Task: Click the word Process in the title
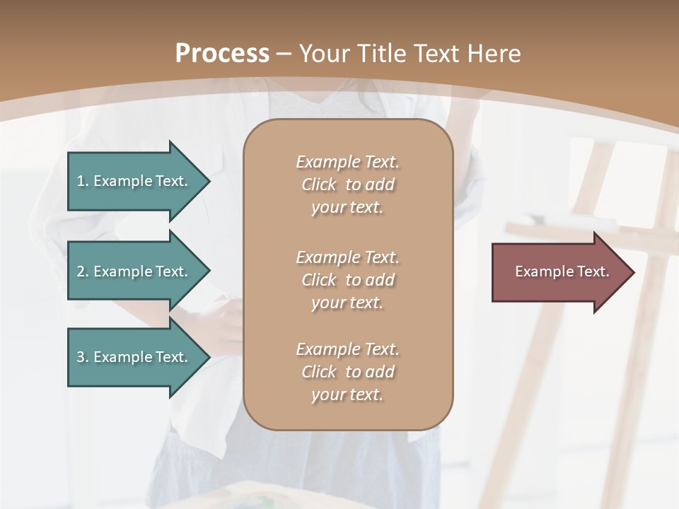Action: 222,54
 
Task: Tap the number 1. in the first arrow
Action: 83,181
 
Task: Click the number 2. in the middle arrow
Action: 83,271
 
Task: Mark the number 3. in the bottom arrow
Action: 83,357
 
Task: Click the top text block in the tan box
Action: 347,185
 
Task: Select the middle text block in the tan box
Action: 347,280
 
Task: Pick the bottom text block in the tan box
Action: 347,372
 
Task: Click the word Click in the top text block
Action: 319,185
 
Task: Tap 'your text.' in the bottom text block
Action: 347,394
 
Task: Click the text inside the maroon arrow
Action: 562,271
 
